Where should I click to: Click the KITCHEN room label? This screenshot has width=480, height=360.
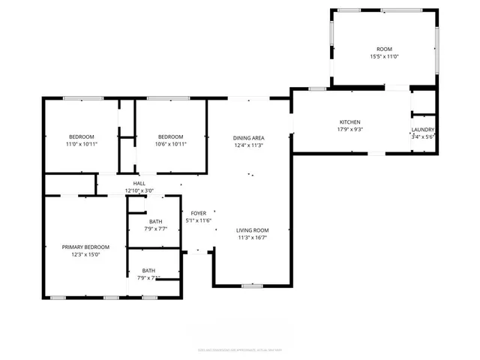point(350,121)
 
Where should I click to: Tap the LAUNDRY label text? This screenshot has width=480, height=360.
point(423,129)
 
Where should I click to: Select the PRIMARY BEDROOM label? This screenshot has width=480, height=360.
point(85,247)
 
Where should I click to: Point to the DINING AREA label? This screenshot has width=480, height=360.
point(248,138)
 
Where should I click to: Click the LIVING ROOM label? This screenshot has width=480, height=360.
point(252,230)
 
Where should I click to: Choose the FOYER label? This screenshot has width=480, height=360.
point(198,214)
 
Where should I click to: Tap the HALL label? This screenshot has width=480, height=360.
point(139,184)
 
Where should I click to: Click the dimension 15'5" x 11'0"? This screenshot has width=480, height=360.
point(384,57)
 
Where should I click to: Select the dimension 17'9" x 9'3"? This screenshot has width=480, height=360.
point(350,129)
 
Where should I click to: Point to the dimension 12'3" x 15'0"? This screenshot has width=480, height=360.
point(85,254)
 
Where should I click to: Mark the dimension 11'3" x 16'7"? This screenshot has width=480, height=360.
point(252,238)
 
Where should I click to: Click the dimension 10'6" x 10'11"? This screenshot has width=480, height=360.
point(172,144)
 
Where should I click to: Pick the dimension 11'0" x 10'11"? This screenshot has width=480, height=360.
point(82,144)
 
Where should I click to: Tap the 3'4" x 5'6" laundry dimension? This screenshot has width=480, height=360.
point(423,136)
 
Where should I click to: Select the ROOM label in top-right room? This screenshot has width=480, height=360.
point(384,49)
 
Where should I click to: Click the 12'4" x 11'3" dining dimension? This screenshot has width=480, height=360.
point(248,145)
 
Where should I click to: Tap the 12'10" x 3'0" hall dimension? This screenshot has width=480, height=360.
point(139,191)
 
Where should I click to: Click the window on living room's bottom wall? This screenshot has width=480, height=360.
point(252,286)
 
